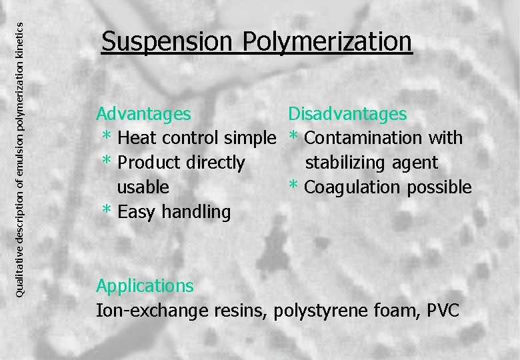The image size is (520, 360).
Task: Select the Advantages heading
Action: coord(143,114)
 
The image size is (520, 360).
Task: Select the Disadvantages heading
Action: coord(347,114)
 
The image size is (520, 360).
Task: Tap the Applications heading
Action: coord(145,286)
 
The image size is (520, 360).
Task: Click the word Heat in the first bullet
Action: coord(137,139)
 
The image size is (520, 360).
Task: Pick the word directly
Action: coord(216,163)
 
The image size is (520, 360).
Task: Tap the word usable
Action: coord(143,187)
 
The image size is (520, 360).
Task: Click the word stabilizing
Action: coord(353,163)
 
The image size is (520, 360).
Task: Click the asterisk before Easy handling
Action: coord(107,211)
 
